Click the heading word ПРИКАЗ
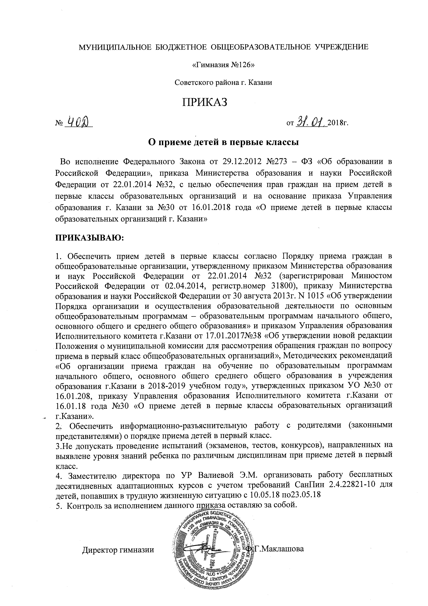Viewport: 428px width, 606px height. tap(205, 103)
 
